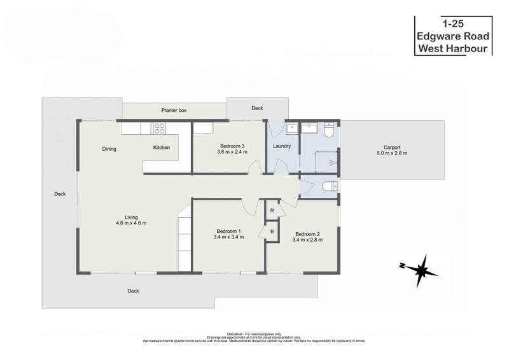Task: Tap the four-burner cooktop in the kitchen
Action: [x=159, y=129]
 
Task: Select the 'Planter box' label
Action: [x=174, y=111]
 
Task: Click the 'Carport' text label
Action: [x=392, y=146]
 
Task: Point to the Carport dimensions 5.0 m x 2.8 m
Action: [x=392, y=153]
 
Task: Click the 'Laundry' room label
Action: [x=282, y=146]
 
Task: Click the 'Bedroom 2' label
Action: [x=307, y=233]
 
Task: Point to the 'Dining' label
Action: [x=109, y=149]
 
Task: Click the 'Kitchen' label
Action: [x=161, y=148]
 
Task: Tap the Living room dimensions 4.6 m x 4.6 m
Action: [x=132, y=223]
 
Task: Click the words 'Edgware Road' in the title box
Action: [x=453, y=36]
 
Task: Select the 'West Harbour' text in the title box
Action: [x=453, y=48]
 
